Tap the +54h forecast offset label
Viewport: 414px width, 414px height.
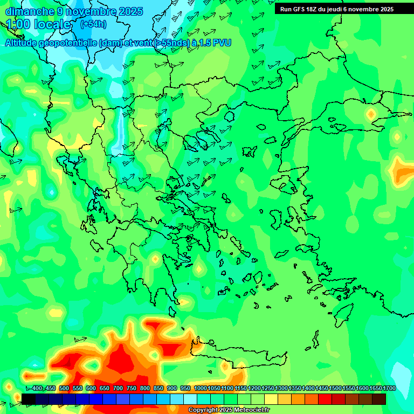93,24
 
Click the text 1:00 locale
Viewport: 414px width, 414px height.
39,25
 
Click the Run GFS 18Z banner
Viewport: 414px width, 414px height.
337,9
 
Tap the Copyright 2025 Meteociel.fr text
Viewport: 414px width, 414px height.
230,410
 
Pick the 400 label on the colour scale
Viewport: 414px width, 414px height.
37,389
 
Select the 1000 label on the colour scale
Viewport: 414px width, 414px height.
201,389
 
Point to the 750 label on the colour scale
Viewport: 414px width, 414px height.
132,389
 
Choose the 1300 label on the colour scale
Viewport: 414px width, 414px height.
281,389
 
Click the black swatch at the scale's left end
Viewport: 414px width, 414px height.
29,398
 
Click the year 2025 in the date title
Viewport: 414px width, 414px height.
131,11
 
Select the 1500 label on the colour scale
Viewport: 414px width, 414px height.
335,389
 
